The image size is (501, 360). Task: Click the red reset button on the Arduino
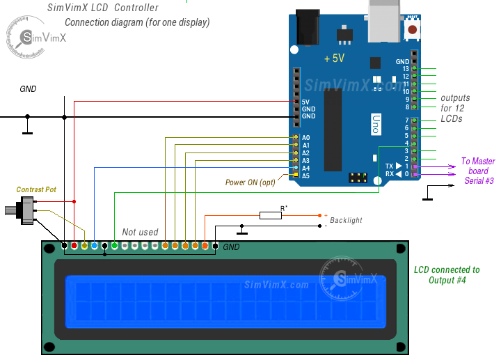[x=413, y=30]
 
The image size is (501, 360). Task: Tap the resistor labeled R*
[x=271, y=215]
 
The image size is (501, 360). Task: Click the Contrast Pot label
[x=37, y=189]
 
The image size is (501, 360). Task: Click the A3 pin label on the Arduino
[x=305, y=161]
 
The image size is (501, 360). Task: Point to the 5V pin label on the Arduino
[x=305, y=102]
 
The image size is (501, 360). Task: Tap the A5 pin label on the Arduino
[x=305, y=176]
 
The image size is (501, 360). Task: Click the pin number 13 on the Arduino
[x=406, y=68]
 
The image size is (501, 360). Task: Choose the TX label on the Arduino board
[x=389, y=166]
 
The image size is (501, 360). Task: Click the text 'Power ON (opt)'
[x=250, y=182]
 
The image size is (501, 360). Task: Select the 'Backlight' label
[x=346, y=220]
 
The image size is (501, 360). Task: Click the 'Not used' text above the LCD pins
[x=140, y=232]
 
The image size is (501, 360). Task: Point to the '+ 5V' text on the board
[x=334, y=59]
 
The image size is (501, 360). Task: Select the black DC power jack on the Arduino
[x=306, y=24]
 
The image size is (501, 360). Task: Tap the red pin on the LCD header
[x=74, y=246]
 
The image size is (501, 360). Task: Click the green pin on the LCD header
[x=114, y=246]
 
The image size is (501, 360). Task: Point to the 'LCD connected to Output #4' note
[x=447, y=274]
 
